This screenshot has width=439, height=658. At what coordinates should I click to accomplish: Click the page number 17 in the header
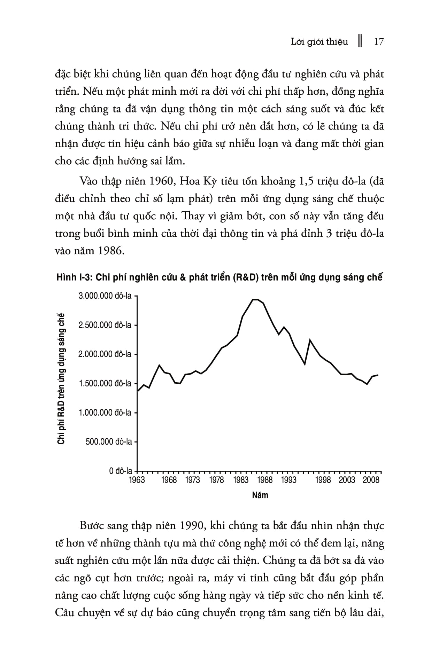[x=379, y=42]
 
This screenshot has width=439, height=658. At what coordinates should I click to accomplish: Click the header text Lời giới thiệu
[x=319, y=42]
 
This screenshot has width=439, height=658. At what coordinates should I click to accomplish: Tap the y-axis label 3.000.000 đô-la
[x=105, y=296]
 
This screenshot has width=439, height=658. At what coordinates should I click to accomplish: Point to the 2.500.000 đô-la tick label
[x=105, y=325]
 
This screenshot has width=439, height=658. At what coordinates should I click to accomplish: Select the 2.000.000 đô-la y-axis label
[x=105, y=354]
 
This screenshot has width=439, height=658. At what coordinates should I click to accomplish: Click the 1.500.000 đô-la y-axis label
[x=105, y=383]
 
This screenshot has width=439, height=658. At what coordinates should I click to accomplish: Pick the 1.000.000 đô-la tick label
[x=105, y=413]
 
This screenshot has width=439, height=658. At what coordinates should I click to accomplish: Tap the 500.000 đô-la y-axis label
[x=109, y=442]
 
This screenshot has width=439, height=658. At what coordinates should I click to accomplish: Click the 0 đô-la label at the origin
[x=121, y=471]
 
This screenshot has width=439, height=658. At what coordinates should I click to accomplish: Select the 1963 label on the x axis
[x=137, y=480]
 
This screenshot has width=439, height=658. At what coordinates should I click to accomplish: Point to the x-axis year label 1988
[x=265, y=480]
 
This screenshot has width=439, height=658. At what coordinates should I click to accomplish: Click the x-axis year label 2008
[x=371, y=480]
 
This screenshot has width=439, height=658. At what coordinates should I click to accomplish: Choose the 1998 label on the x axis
[x=323, y=480]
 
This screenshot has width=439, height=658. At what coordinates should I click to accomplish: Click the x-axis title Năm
[x=260, y=495]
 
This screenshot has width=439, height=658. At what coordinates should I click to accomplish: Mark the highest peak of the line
[x=255, y=299]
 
